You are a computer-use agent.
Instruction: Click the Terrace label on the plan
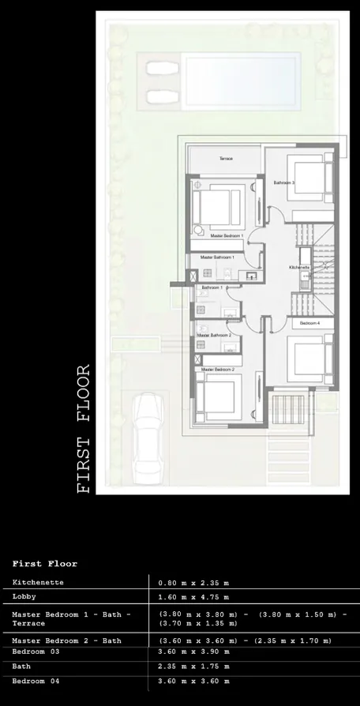(x=226, y=159)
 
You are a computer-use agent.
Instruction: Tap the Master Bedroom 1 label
(x=227, y=235)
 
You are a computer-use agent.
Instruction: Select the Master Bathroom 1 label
(x=217, y=257)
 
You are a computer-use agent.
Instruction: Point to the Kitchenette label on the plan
(x=299, y=268)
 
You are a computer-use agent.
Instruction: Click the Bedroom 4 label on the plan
(x=309, y=324)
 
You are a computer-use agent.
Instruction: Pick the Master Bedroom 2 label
(x=218, y=370)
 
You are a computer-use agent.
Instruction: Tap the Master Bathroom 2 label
(x=213, y=336)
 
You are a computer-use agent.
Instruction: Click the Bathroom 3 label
(x=284, y=182)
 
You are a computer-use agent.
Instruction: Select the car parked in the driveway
(x=148, y=440)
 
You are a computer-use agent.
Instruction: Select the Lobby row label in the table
(x=24, y=597)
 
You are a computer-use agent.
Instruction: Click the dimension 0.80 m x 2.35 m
(x=193, y=584)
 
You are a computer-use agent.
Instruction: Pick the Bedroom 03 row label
(x=36, y=652)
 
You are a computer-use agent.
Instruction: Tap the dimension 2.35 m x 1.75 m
(x=193, y=667)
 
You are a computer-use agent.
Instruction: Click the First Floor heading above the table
(x=45, y=564)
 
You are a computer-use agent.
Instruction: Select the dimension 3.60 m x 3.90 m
(x=193, y=652)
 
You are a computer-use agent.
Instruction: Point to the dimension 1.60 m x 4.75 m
(x=193, y=598)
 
